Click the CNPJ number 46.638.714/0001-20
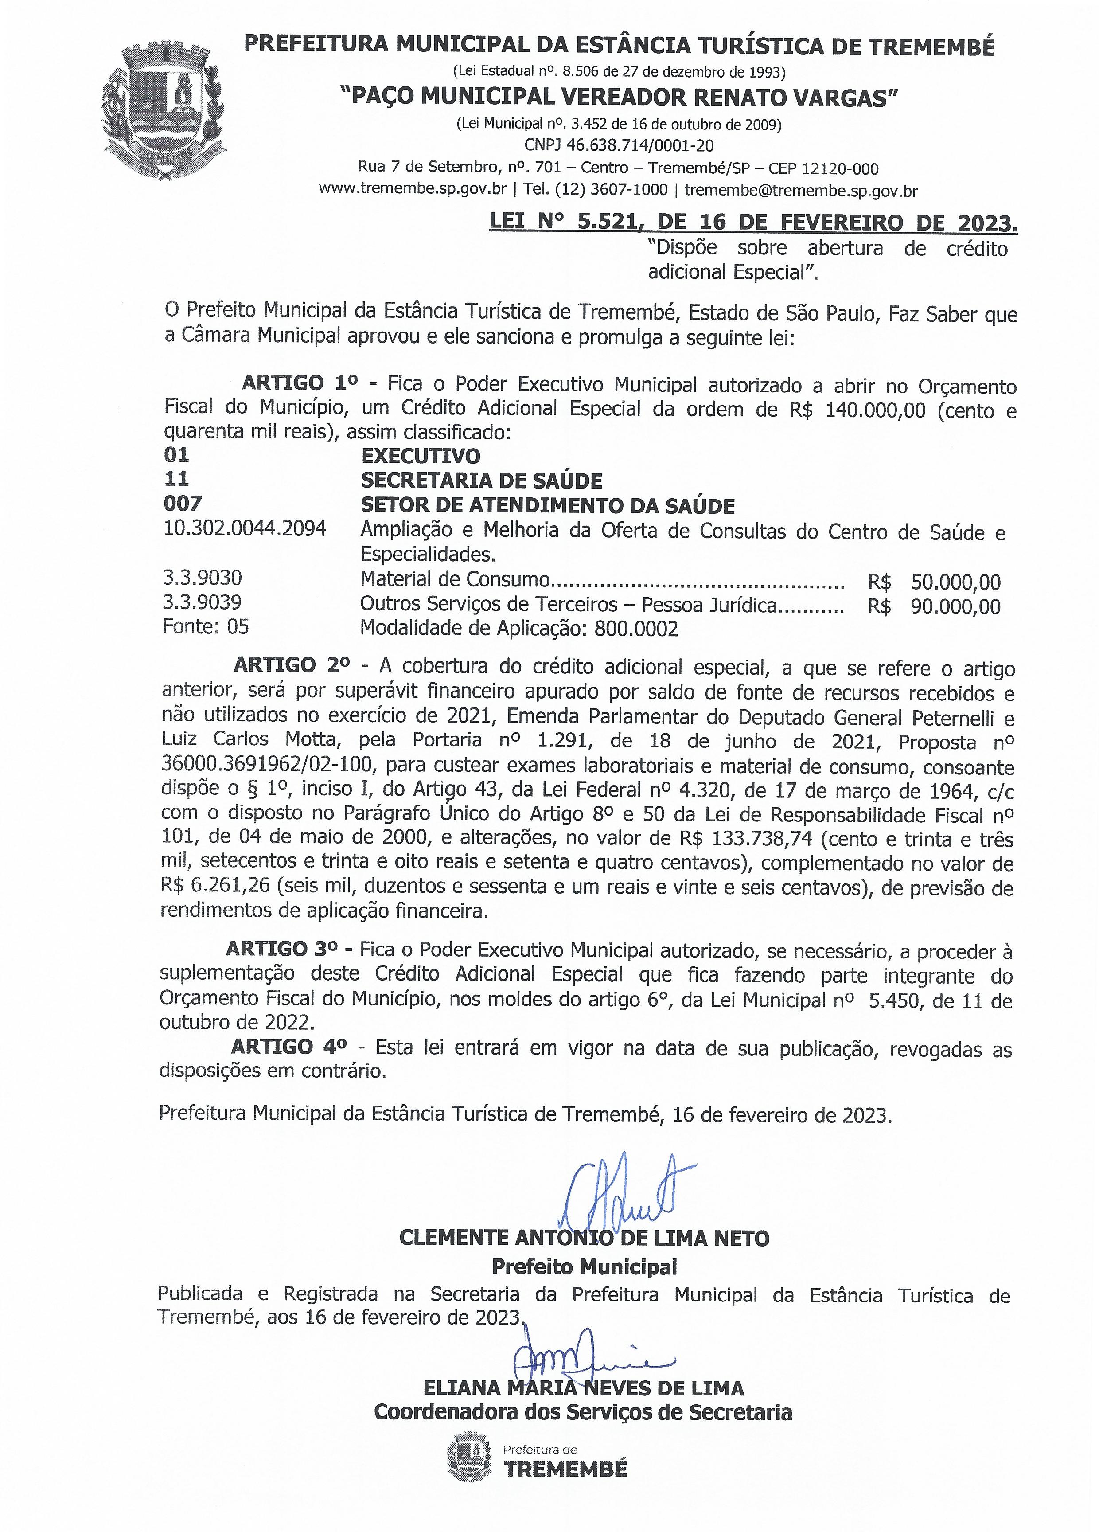pos(619,145)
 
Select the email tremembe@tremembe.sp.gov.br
pos(801,191)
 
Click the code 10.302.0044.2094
pos(244,528)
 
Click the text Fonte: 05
pos(206,627)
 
